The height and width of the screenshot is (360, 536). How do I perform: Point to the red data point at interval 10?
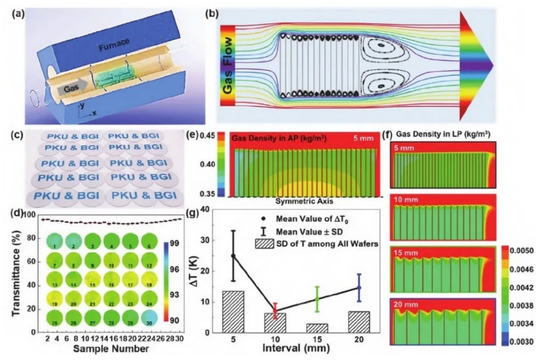275,310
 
